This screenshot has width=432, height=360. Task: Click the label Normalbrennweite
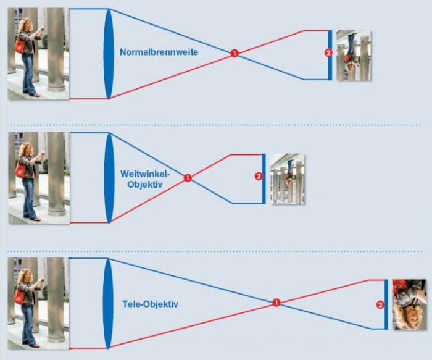click(x=159, y=52)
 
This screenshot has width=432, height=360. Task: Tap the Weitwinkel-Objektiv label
click(x=146, y=179)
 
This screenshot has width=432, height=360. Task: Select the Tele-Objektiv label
click(x=150, y=304)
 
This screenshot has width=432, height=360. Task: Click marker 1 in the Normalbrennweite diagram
click(x=235, y=53)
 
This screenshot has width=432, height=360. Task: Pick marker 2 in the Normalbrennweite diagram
click(x=328, y=53)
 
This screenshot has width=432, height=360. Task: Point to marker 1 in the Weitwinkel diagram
click(x=188, y=178)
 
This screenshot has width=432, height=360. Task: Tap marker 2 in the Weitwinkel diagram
click(x=259, y=176)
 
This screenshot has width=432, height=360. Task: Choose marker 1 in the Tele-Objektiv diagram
click(x=276, y=303)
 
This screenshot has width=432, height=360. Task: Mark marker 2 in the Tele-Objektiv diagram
click(x=380, y=304)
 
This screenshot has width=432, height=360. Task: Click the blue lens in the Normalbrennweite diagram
click(x=109, y=54)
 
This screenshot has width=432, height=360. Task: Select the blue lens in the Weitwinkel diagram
click(x=109, y=178)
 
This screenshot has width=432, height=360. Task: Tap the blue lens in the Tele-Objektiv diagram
click(x=108, y=303)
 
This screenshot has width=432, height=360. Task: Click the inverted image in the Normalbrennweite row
click(x=354, y=56)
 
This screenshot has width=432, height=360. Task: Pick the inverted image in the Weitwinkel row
click(x=288, y=179)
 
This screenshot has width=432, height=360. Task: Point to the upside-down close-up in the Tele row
click(x=410, y=304)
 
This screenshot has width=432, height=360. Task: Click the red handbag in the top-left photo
click(x=20, y=45)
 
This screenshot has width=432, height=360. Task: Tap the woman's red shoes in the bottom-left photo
click(x=33, y=345)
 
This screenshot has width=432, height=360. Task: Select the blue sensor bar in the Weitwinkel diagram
click(x=264, y=178)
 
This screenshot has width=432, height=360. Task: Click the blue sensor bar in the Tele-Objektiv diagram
click(x=386, y=304)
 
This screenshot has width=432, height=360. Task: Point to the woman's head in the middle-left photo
click(x=27, y=149)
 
